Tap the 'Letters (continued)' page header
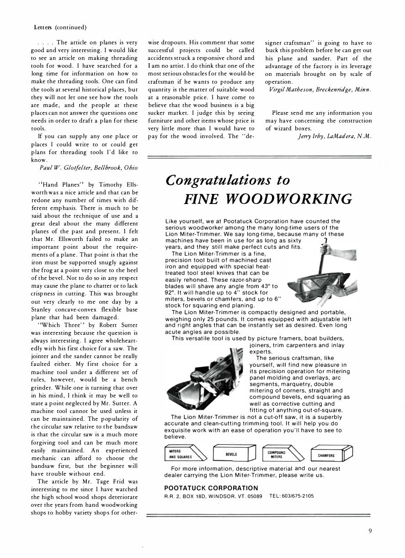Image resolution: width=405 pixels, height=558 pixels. coord(60,27)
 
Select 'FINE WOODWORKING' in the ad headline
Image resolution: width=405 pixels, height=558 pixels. coord(268,199)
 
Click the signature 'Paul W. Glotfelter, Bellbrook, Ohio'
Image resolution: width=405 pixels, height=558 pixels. coord(86,168)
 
